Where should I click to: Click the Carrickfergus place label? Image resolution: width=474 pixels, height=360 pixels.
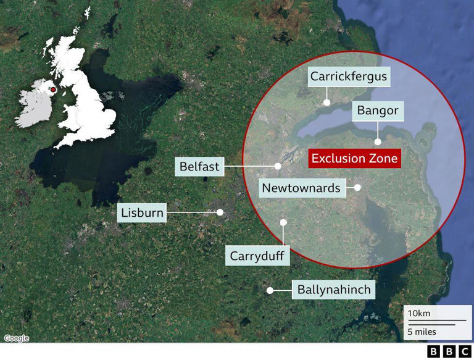(x=349, y=77)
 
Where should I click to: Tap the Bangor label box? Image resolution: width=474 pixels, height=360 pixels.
(x=378, y=111)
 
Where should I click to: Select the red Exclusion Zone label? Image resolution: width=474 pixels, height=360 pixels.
(x=355, y=158)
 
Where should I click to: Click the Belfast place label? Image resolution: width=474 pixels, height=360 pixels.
(x=200, y=167)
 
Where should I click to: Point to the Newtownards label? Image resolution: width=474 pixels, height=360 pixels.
(x=301, y=188)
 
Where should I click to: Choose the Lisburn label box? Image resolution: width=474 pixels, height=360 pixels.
(x=142, y=214)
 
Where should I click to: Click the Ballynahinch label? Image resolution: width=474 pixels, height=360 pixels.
(x=334, y=289)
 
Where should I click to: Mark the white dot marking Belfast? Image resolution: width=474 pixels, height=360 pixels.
(x=278, y=166)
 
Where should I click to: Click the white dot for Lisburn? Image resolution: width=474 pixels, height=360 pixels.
(x=219, y=212)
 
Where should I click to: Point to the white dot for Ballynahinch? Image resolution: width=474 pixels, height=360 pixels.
(x=269, y=290)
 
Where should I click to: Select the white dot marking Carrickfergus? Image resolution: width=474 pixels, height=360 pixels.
(x=327, y=103)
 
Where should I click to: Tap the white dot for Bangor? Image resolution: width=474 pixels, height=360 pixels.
(x=377, y=141)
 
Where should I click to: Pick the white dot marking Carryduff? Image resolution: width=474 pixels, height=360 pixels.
(x=283, y=222)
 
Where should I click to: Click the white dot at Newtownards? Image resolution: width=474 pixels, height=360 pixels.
(x=357, y=186)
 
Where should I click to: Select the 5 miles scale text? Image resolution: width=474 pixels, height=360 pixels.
(x=421, y=332)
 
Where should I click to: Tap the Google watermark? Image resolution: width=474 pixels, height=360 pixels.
(x=16, y=338)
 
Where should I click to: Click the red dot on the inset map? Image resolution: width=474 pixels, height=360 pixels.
(x=54, y=90)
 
